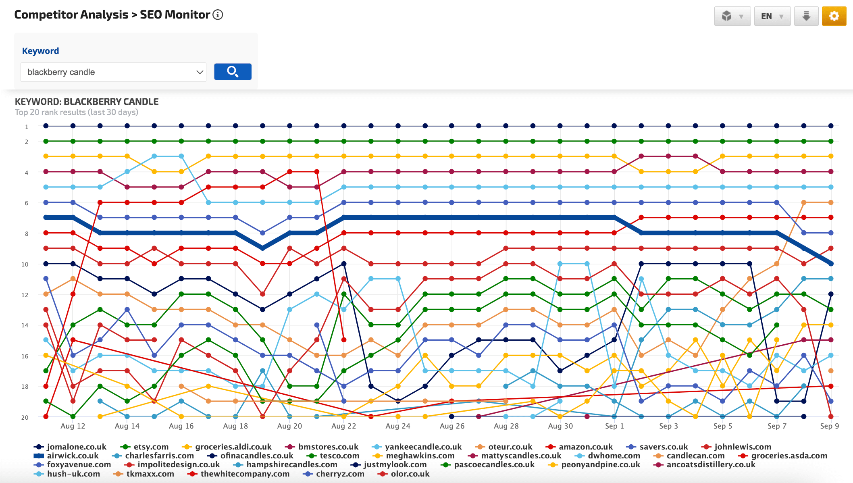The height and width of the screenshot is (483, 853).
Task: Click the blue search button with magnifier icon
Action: coord(233,72)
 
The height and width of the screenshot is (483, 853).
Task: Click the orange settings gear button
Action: coord(834,16)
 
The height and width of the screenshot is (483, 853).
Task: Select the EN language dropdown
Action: coord(772,16)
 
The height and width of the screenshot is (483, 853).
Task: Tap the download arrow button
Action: coord(806,16)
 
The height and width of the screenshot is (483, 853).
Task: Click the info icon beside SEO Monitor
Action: coord(218,15)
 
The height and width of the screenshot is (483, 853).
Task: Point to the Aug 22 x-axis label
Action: coord(343,426)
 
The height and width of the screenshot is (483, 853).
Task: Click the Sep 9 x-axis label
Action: coord(829,426)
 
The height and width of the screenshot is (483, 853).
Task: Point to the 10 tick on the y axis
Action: coord(25,264)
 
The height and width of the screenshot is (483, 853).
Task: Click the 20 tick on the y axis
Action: coord(25,417)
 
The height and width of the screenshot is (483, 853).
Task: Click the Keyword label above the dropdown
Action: coord(40,51)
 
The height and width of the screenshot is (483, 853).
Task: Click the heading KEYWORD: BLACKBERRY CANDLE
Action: coord(87,102)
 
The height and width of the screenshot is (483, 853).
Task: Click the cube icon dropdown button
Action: coord(732,16)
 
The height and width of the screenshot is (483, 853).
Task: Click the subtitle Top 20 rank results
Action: coord(76,112)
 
